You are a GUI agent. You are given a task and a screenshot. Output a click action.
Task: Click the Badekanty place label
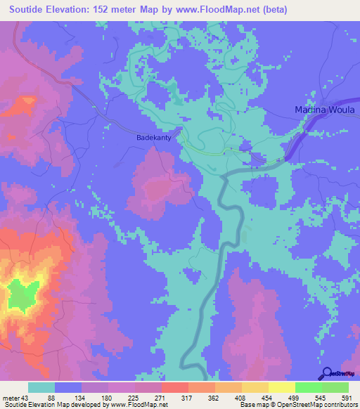153,138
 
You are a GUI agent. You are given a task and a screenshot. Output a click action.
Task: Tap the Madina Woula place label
325,110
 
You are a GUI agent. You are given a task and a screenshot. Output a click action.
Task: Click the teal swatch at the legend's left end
41,387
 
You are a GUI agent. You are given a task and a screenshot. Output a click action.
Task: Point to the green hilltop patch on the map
25,294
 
